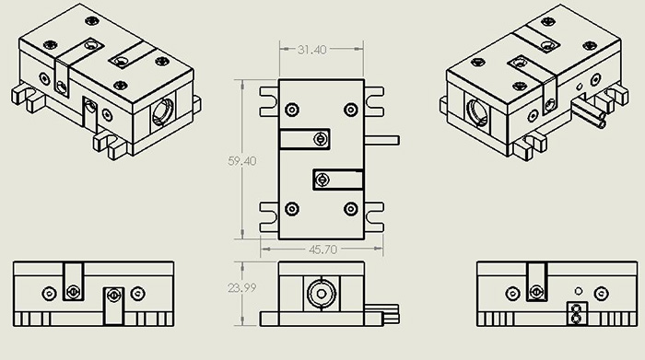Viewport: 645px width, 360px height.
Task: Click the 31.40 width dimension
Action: [x=311, y=50]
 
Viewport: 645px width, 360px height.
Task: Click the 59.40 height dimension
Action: [x=241, y=161]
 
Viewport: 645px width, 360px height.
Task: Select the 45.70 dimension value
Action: [x=322, y=250]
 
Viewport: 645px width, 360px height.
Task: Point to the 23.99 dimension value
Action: [x=241, y=287]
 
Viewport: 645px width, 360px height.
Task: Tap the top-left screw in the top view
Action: [x=292, y=110]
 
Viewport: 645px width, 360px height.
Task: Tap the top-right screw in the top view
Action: [x=350, y=110]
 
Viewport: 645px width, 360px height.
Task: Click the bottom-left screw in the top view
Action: [x=292, y=209]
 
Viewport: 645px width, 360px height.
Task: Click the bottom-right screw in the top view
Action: [x=350, y=209]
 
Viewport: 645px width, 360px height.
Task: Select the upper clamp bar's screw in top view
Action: [x=321, y=139]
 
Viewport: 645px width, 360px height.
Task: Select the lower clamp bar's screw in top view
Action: [x=322, y=180]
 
